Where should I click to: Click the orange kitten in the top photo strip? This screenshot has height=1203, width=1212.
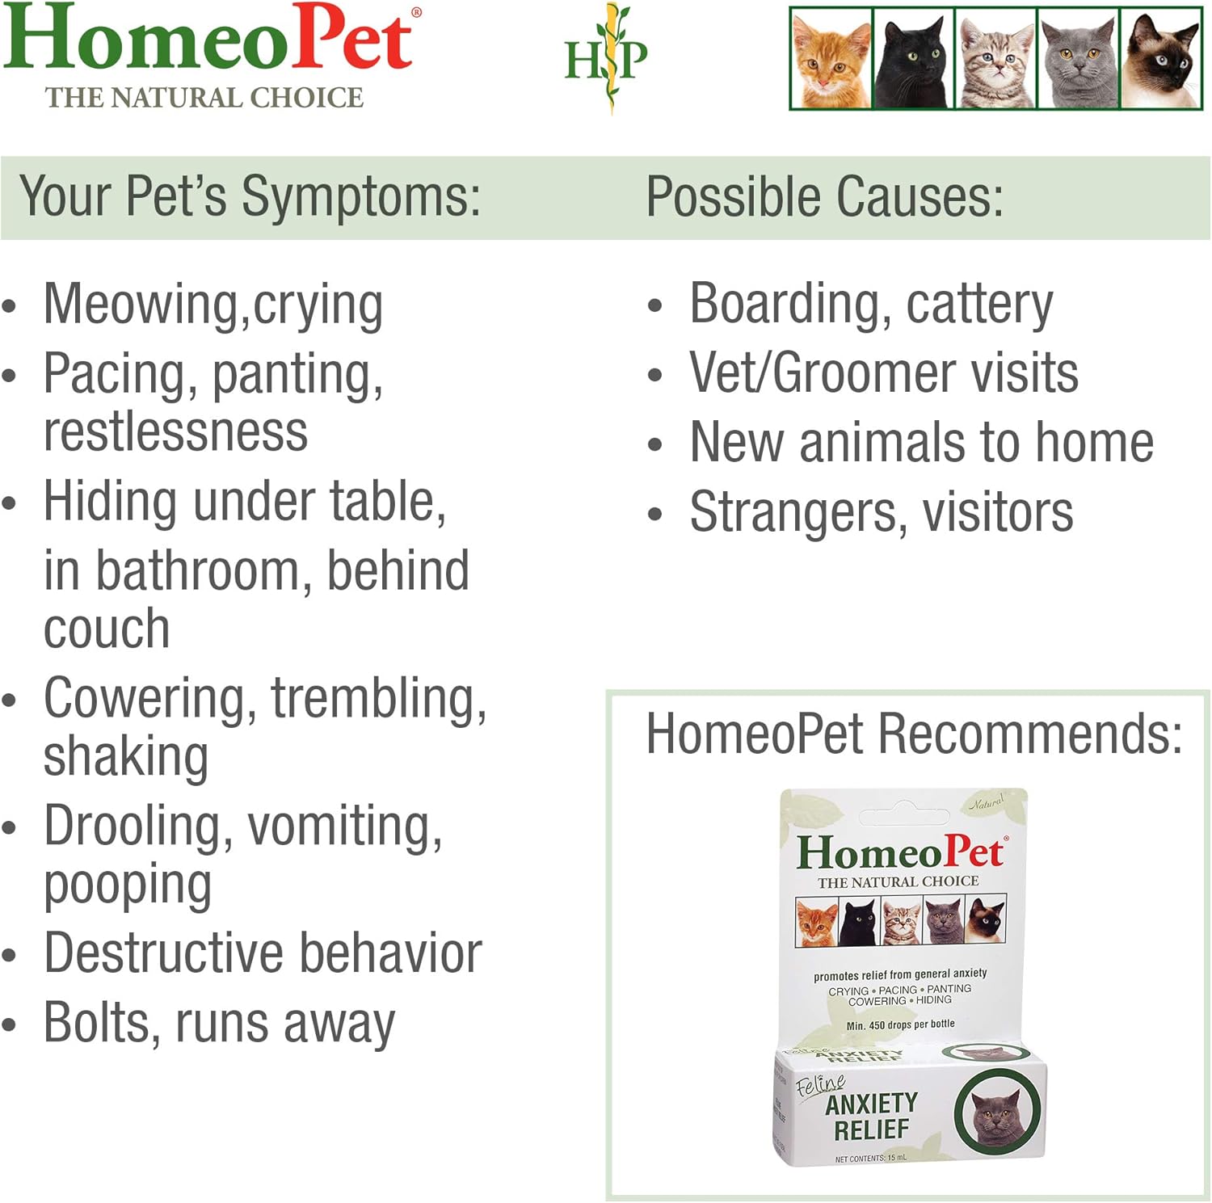pos(831,61)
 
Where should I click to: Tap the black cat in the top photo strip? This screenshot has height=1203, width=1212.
pos(914,61)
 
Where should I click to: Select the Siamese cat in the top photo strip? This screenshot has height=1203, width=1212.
pos(1161,61)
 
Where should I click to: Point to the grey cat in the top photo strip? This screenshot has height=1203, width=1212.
pos(1079,61)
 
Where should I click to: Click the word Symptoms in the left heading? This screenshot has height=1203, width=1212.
pos(360,197)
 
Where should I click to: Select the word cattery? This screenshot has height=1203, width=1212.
pos(979,305)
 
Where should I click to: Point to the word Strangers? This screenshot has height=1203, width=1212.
pos(793,513)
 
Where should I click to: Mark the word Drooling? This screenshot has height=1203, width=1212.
pos(129,827)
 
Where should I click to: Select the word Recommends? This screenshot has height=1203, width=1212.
pos(1029,734)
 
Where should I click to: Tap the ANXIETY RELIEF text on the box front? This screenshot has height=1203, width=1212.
pos(871,1116)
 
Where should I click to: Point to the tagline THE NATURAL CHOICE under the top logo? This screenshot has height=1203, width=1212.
pos(204,98)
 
